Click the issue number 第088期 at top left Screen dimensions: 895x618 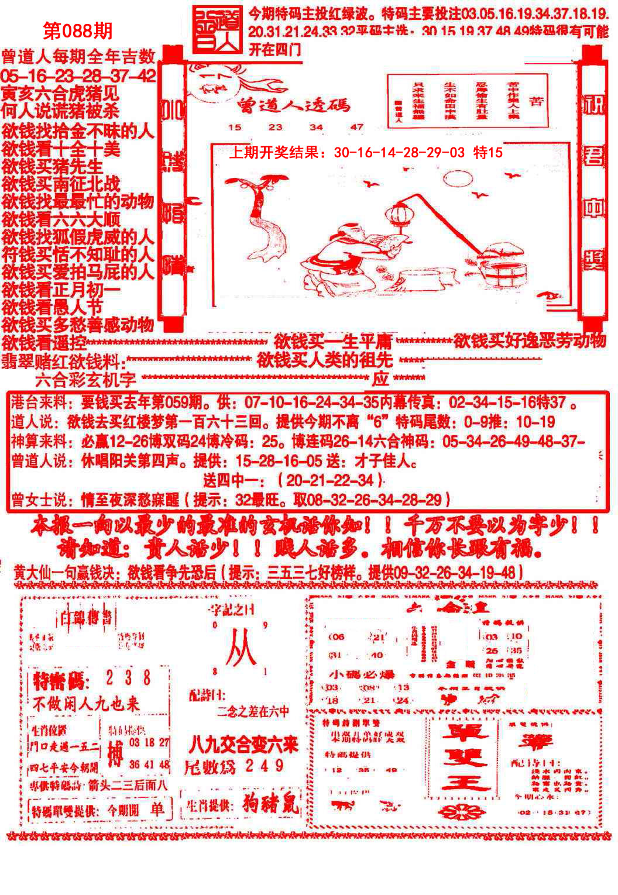tap(78, 30)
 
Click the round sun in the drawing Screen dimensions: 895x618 tap(457, 178)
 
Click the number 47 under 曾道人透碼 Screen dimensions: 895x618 tap(356, 127)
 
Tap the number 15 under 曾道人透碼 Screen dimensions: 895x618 tap(235, 127)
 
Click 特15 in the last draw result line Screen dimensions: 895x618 tap(487, 153)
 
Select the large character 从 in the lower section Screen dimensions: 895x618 tap(241, 648)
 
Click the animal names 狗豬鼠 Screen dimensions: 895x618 tap(270, 804)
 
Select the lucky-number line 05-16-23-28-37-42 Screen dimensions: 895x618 tap(78, 75)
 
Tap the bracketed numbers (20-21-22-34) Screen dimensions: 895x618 tap(331, 481)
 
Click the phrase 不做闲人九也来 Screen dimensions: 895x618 tap(86, 704)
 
